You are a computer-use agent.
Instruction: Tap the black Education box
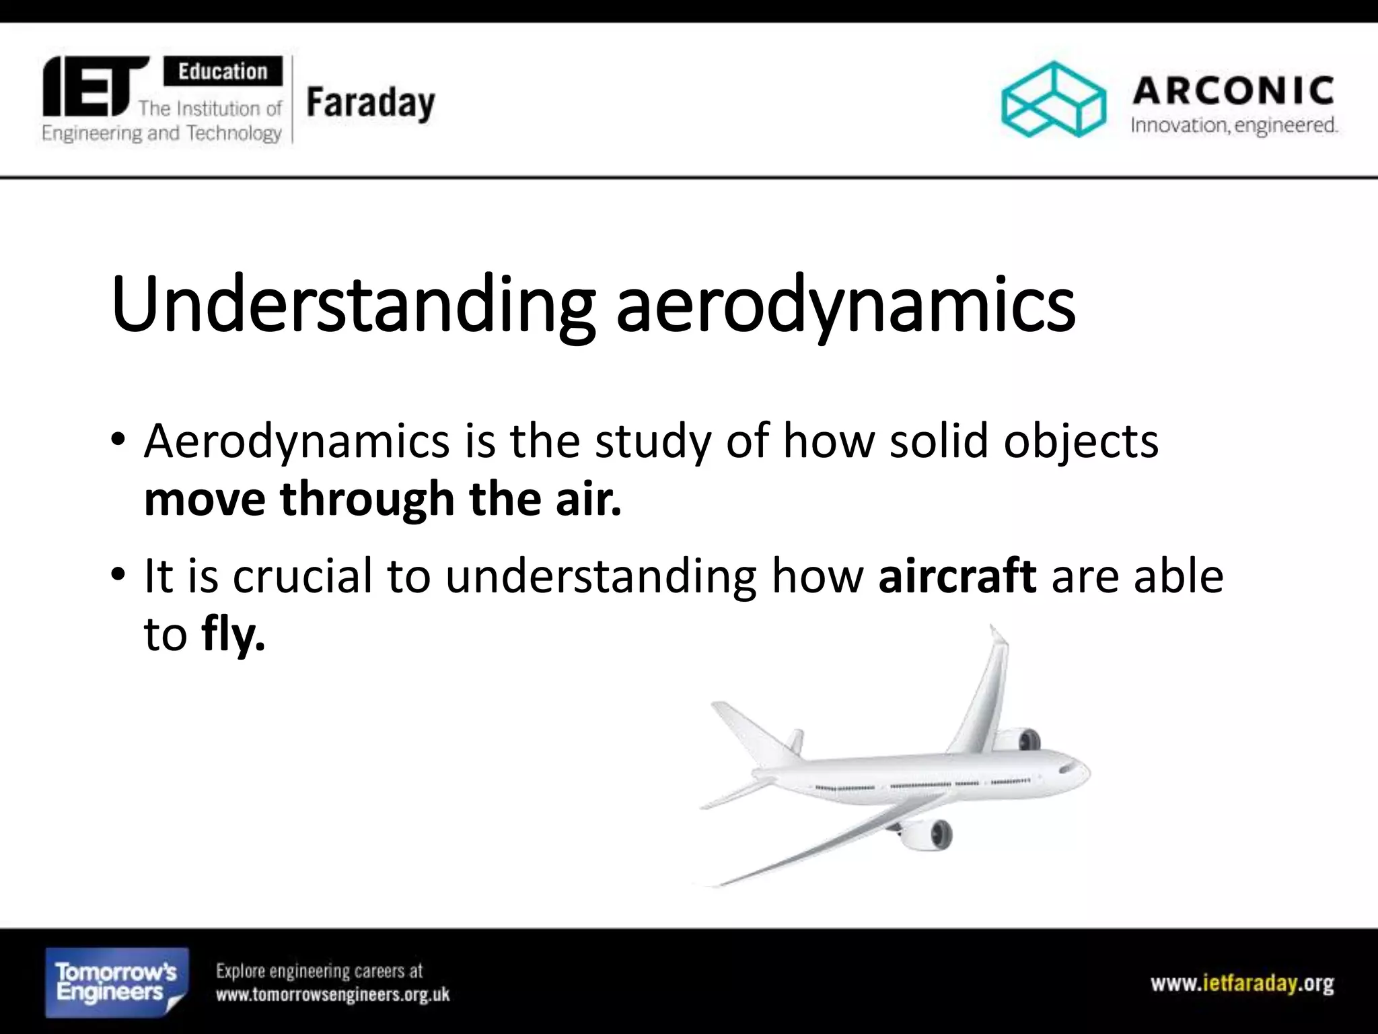(x=223, y=71)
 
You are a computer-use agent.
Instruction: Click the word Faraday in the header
(x=371, y=105)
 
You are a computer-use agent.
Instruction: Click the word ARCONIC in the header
(x=1233, y=92)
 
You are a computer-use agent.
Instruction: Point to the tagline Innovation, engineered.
(x=1234, y=126)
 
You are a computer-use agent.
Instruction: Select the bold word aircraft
(x=957, y=577)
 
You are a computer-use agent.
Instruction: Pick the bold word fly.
(x=233, y=634)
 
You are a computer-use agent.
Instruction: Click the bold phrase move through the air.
(x=382, y=499)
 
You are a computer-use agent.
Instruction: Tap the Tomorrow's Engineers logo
(x=116, y=982)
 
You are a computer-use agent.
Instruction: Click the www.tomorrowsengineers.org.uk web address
(x=332, y=994)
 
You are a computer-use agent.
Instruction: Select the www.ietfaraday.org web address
(x=1242, y=984)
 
